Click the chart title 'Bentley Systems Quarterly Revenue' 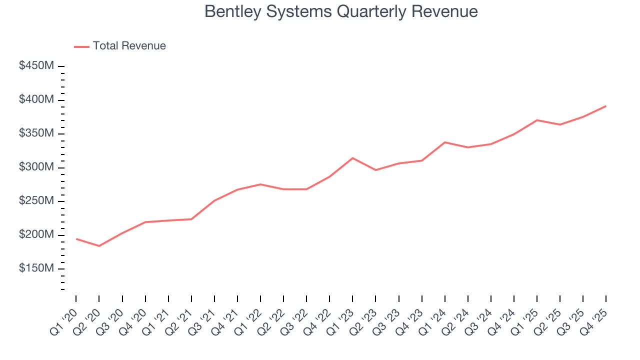point(341,11)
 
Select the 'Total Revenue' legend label point(129,46)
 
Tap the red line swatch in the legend point(81,46)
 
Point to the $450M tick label point(36,66)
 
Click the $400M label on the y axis point(36,100)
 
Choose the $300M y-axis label point(36,167)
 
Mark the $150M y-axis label point(36,269)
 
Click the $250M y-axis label point(36,201)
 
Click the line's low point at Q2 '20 point(99,246)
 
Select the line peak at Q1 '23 point(352,158)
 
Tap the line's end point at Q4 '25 point(606,106)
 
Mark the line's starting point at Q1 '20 point(76,239)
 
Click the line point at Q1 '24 point(445,142)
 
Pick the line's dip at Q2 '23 point(375,170)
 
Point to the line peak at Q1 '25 point(537,120)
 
